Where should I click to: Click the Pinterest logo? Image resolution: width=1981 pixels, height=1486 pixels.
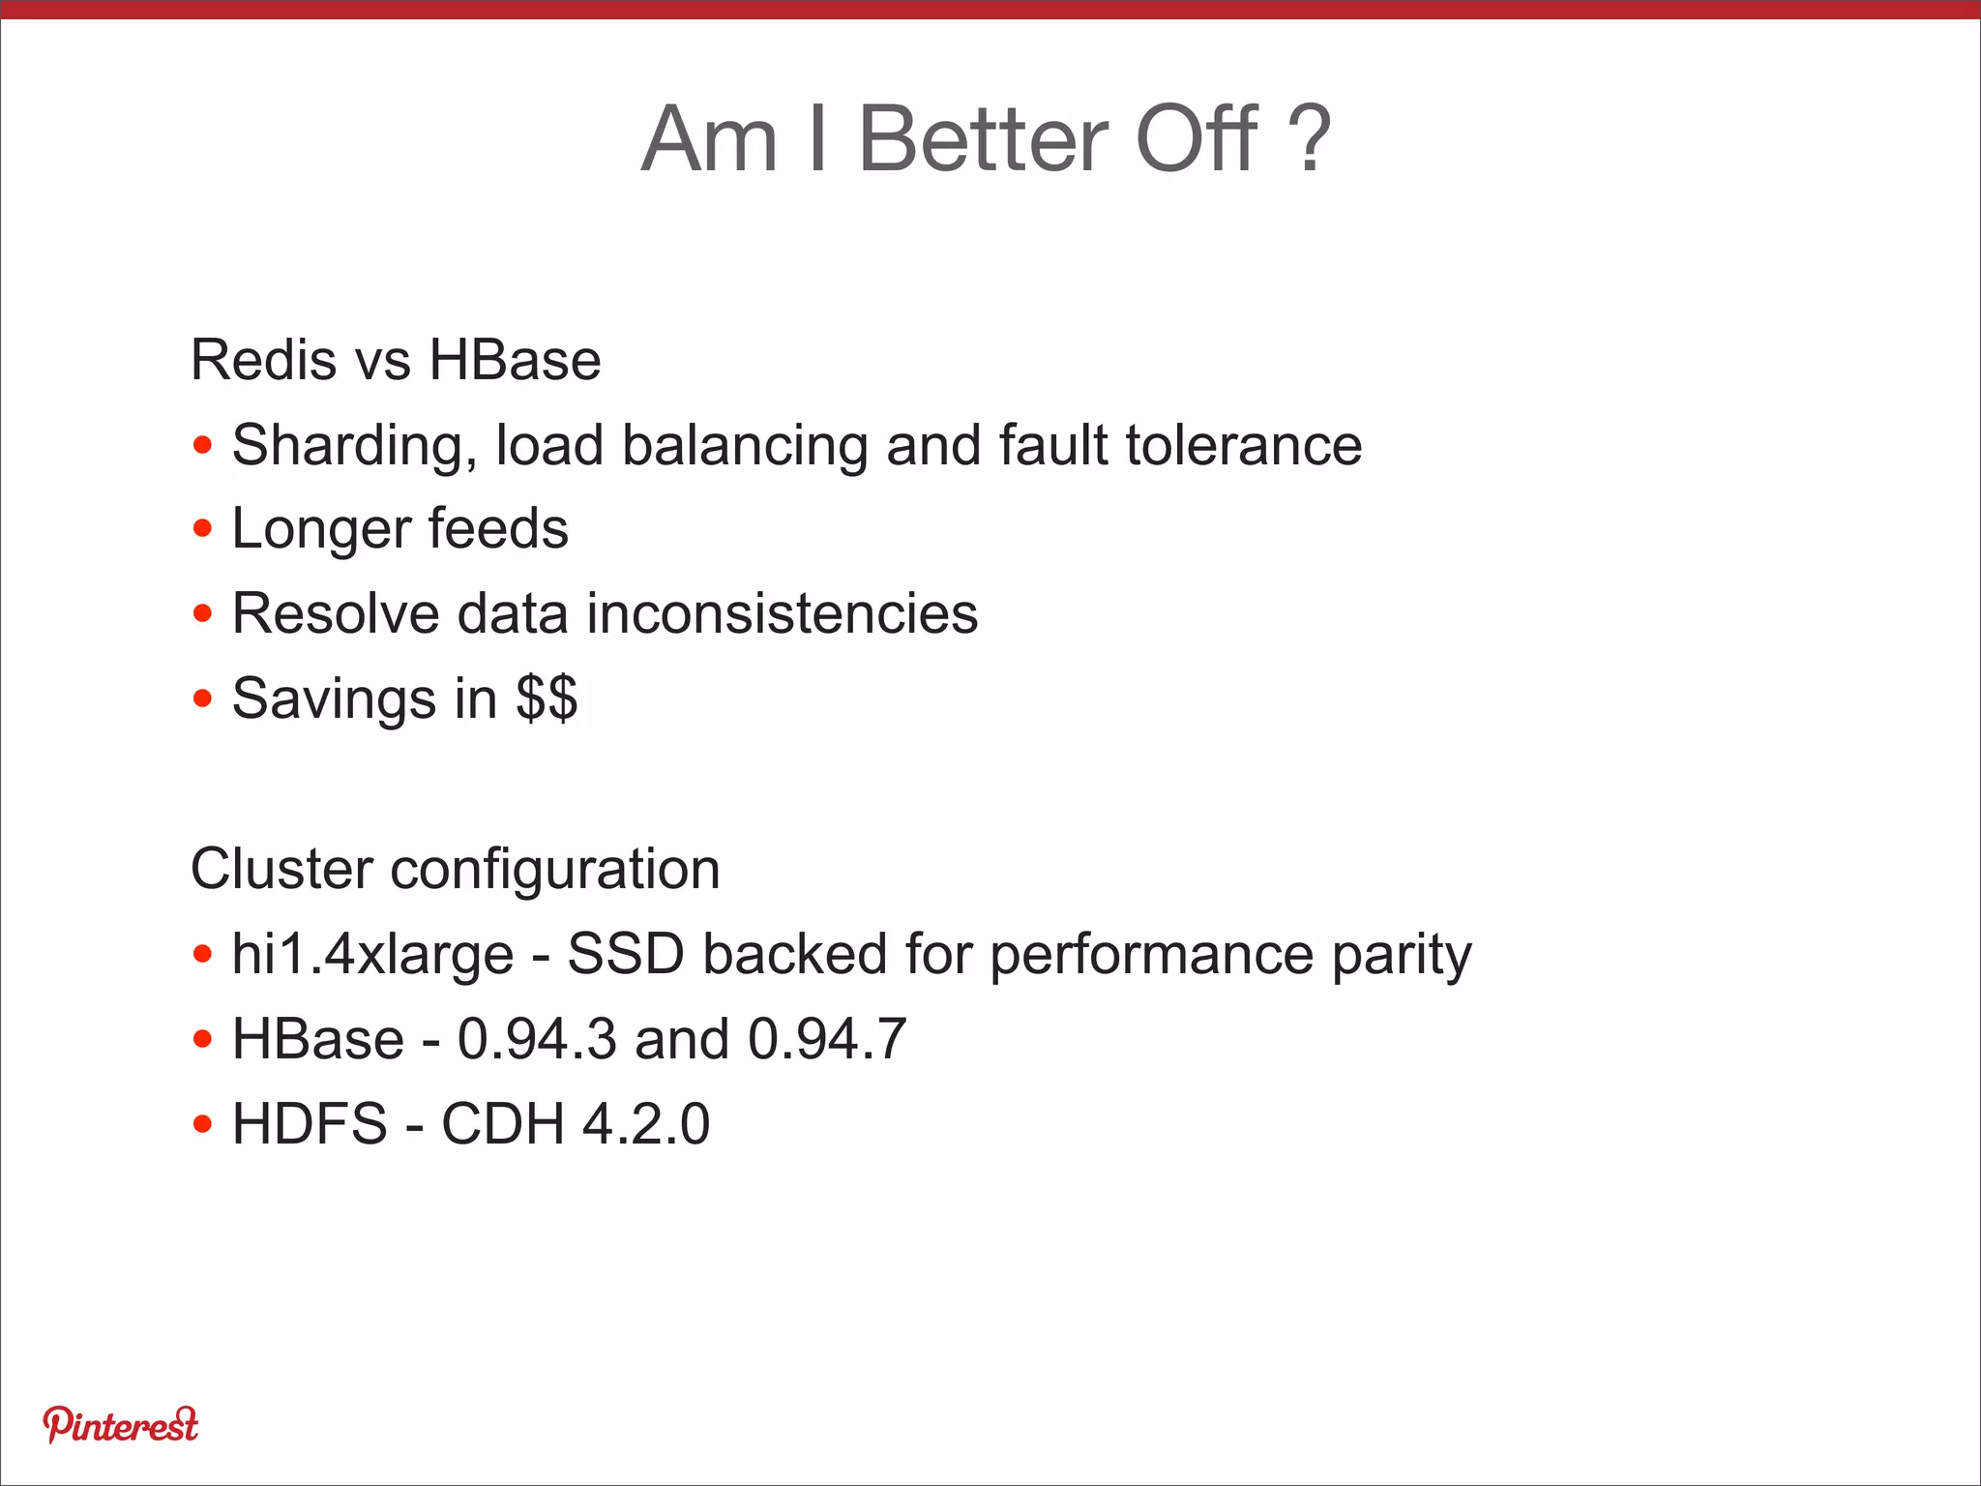(120, 1425)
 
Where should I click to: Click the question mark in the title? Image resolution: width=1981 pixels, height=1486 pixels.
(1311, 140)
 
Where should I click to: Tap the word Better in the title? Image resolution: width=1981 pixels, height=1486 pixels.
(984, 140)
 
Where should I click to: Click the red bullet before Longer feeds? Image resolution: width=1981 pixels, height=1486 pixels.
(202, 529)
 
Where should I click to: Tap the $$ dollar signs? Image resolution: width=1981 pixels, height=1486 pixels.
(547, 698)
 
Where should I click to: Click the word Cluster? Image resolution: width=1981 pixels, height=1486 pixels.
(281, 868)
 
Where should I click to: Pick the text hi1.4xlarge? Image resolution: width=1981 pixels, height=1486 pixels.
(372, 955)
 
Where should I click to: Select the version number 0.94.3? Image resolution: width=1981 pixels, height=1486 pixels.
(537, 1039)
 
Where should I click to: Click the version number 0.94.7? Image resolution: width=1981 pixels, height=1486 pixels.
(827, 1039)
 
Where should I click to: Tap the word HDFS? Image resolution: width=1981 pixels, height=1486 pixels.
(310, 1124)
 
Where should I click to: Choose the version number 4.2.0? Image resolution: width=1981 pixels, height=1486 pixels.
(646, 1124)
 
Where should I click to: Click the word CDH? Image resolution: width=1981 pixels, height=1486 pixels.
(503, 1124)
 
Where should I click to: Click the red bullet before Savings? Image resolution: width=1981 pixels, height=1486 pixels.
(202, 698)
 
